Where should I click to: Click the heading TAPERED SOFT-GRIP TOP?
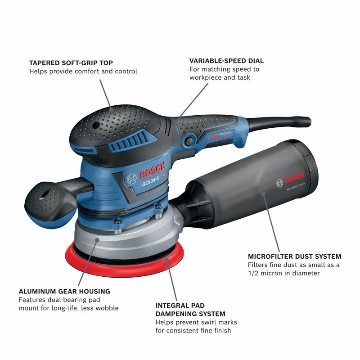click(71, 63)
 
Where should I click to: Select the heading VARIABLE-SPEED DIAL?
click(226, 61)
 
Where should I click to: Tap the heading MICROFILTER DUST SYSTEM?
click(294, 256)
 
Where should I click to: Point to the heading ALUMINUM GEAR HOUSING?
click(64, 291)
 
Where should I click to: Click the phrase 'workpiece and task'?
click(220, 77)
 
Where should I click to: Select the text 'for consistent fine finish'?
click(193, 331)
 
